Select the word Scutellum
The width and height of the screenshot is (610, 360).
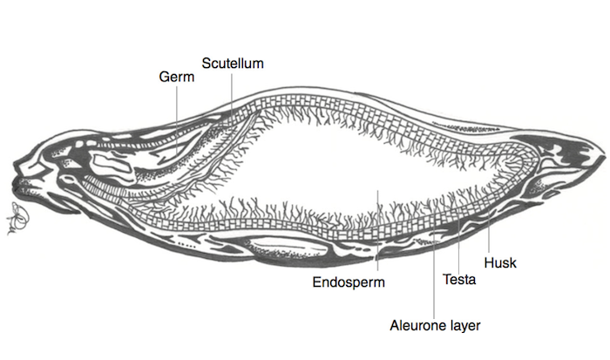[233, 63]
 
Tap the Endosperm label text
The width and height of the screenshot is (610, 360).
[349, 282]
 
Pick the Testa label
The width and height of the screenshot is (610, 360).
[458, 280]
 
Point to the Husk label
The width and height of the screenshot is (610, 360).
[499, 261]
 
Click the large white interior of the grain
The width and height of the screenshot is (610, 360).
[349, 166]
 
